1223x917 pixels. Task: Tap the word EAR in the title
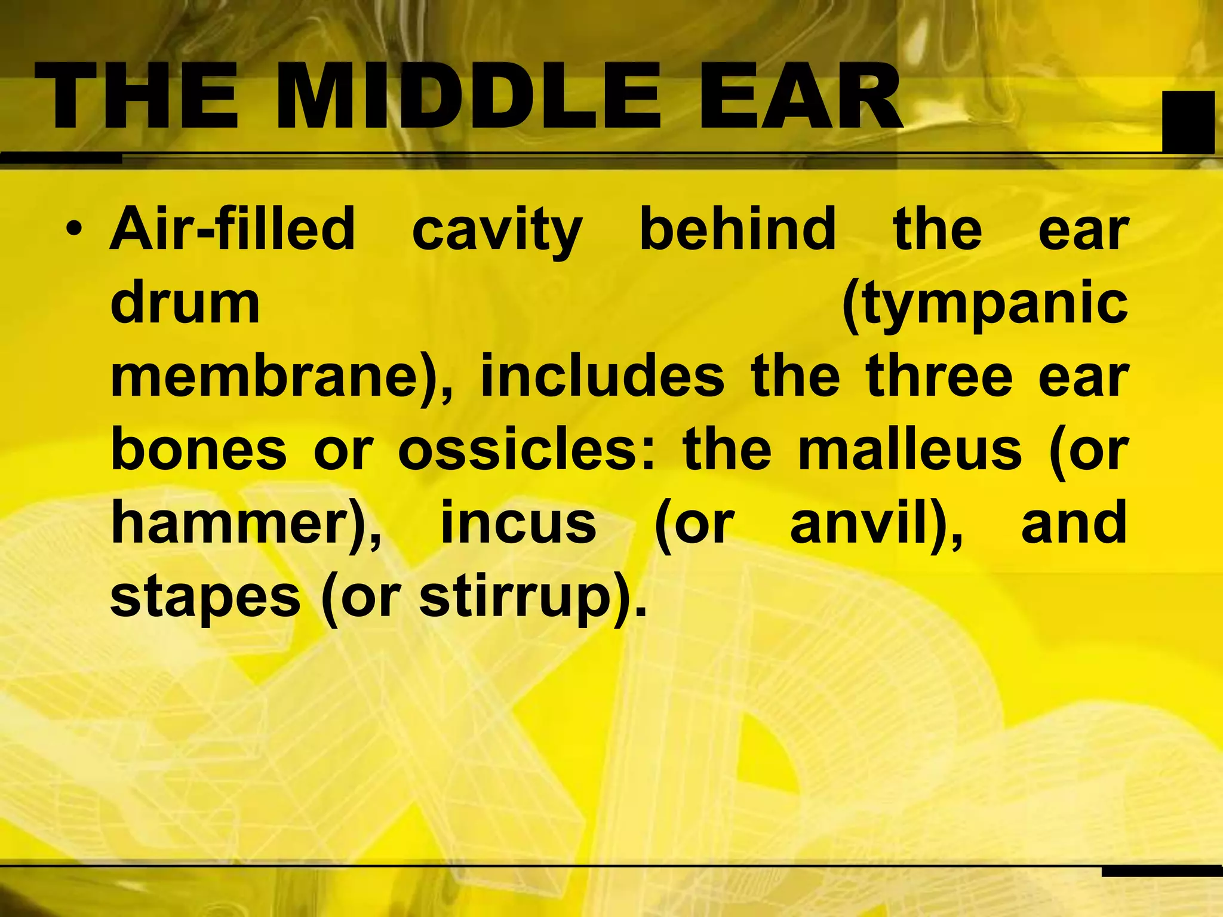[x=800, y=97]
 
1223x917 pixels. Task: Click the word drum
[x=185, y=304]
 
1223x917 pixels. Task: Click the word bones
[x=199, y=450]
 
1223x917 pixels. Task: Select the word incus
[x=518, y=524]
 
